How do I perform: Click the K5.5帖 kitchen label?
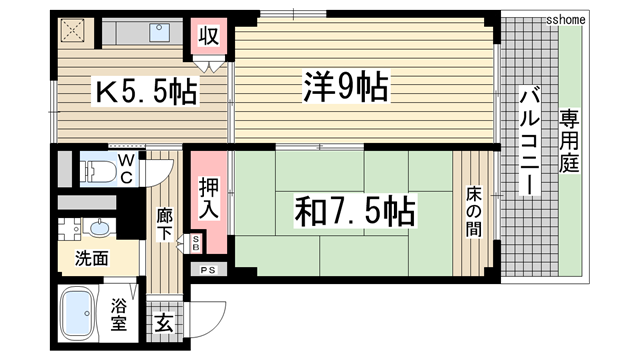click(145, 93)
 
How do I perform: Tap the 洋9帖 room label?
click(345, 88)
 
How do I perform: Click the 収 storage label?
click(208, 37)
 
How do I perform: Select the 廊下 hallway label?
click(166, 222)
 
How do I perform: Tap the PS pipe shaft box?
click(209, 270)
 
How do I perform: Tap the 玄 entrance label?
click(163, 323)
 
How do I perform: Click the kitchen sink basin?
click(161, 32)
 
